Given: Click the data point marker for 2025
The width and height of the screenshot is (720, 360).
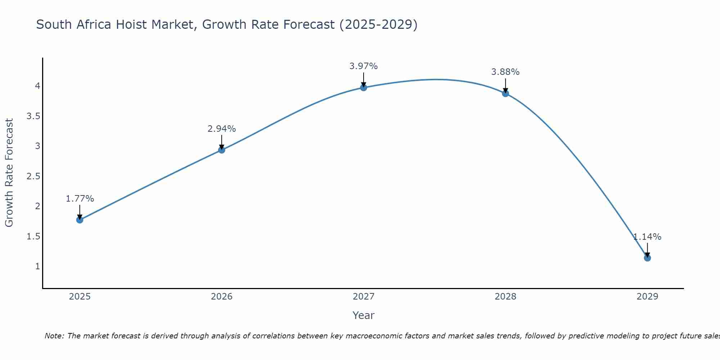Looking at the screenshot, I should pyautogui.click(x=80, y=220).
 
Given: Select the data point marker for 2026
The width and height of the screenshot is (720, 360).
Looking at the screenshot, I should pyautogui.click(x=222, y=150).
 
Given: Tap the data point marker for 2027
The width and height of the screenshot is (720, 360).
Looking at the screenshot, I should pyautogui.click(x=364, y=87).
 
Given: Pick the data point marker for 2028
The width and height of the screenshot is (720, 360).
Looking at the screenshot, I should pyautogui.click(x=505, y=94).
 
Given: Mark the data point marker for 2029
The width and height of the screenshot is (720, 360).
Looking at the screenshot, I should pyautogui.click(x=647, y=258).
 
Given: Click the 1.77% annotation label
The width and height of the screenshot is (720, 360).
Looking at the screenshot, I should pyautogui.click(x=80, y=199).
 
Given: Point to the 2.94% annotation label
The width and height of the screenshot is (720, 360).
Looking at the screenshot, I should pyautogui.click(x=222, y=129).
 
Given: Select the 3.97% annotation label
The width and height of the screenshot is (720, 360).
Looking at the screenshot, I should pyautogui.click(x=364, y=66).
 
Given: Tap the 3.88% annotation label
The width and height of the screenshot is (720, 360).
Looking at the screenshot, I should pyautogui.click(x=505, y=72).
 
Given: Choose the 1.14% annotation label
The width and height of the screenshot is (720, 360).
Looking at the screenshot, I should pyautogui.click(x=647, y=237).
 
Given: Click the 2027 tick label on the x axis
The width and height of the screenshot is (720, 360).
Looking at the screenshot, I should pyautogui.click(x=364, y=297).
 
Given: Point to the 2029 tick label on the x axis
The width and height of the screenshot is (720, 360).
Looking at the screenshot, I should pyautogui.click(x=647, y=297).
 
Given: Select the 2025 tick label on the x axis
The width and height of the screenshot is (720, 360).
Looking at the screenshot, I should pyautogui.click(x=80, y=297).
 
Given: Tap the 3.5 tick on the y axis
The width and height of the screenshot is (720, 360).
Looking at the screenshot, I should pyautogui.click(x=33, y=116).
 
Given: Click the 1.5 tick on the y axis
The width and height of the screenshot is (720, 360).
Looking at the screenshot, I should pyautogui.click(x=33, y=237).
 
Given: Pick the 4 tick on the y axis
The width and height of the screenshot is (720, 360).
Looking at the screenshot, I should pyautogui.click(x=37, y=86).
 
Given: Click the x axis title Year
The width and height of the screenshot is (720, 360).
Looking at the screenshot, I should pyautogui.click(x=364, y=315).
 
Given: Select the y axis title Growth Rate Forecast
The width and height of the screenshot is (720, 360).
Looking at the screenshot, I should pyautogui.click(x=9, y=173).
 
